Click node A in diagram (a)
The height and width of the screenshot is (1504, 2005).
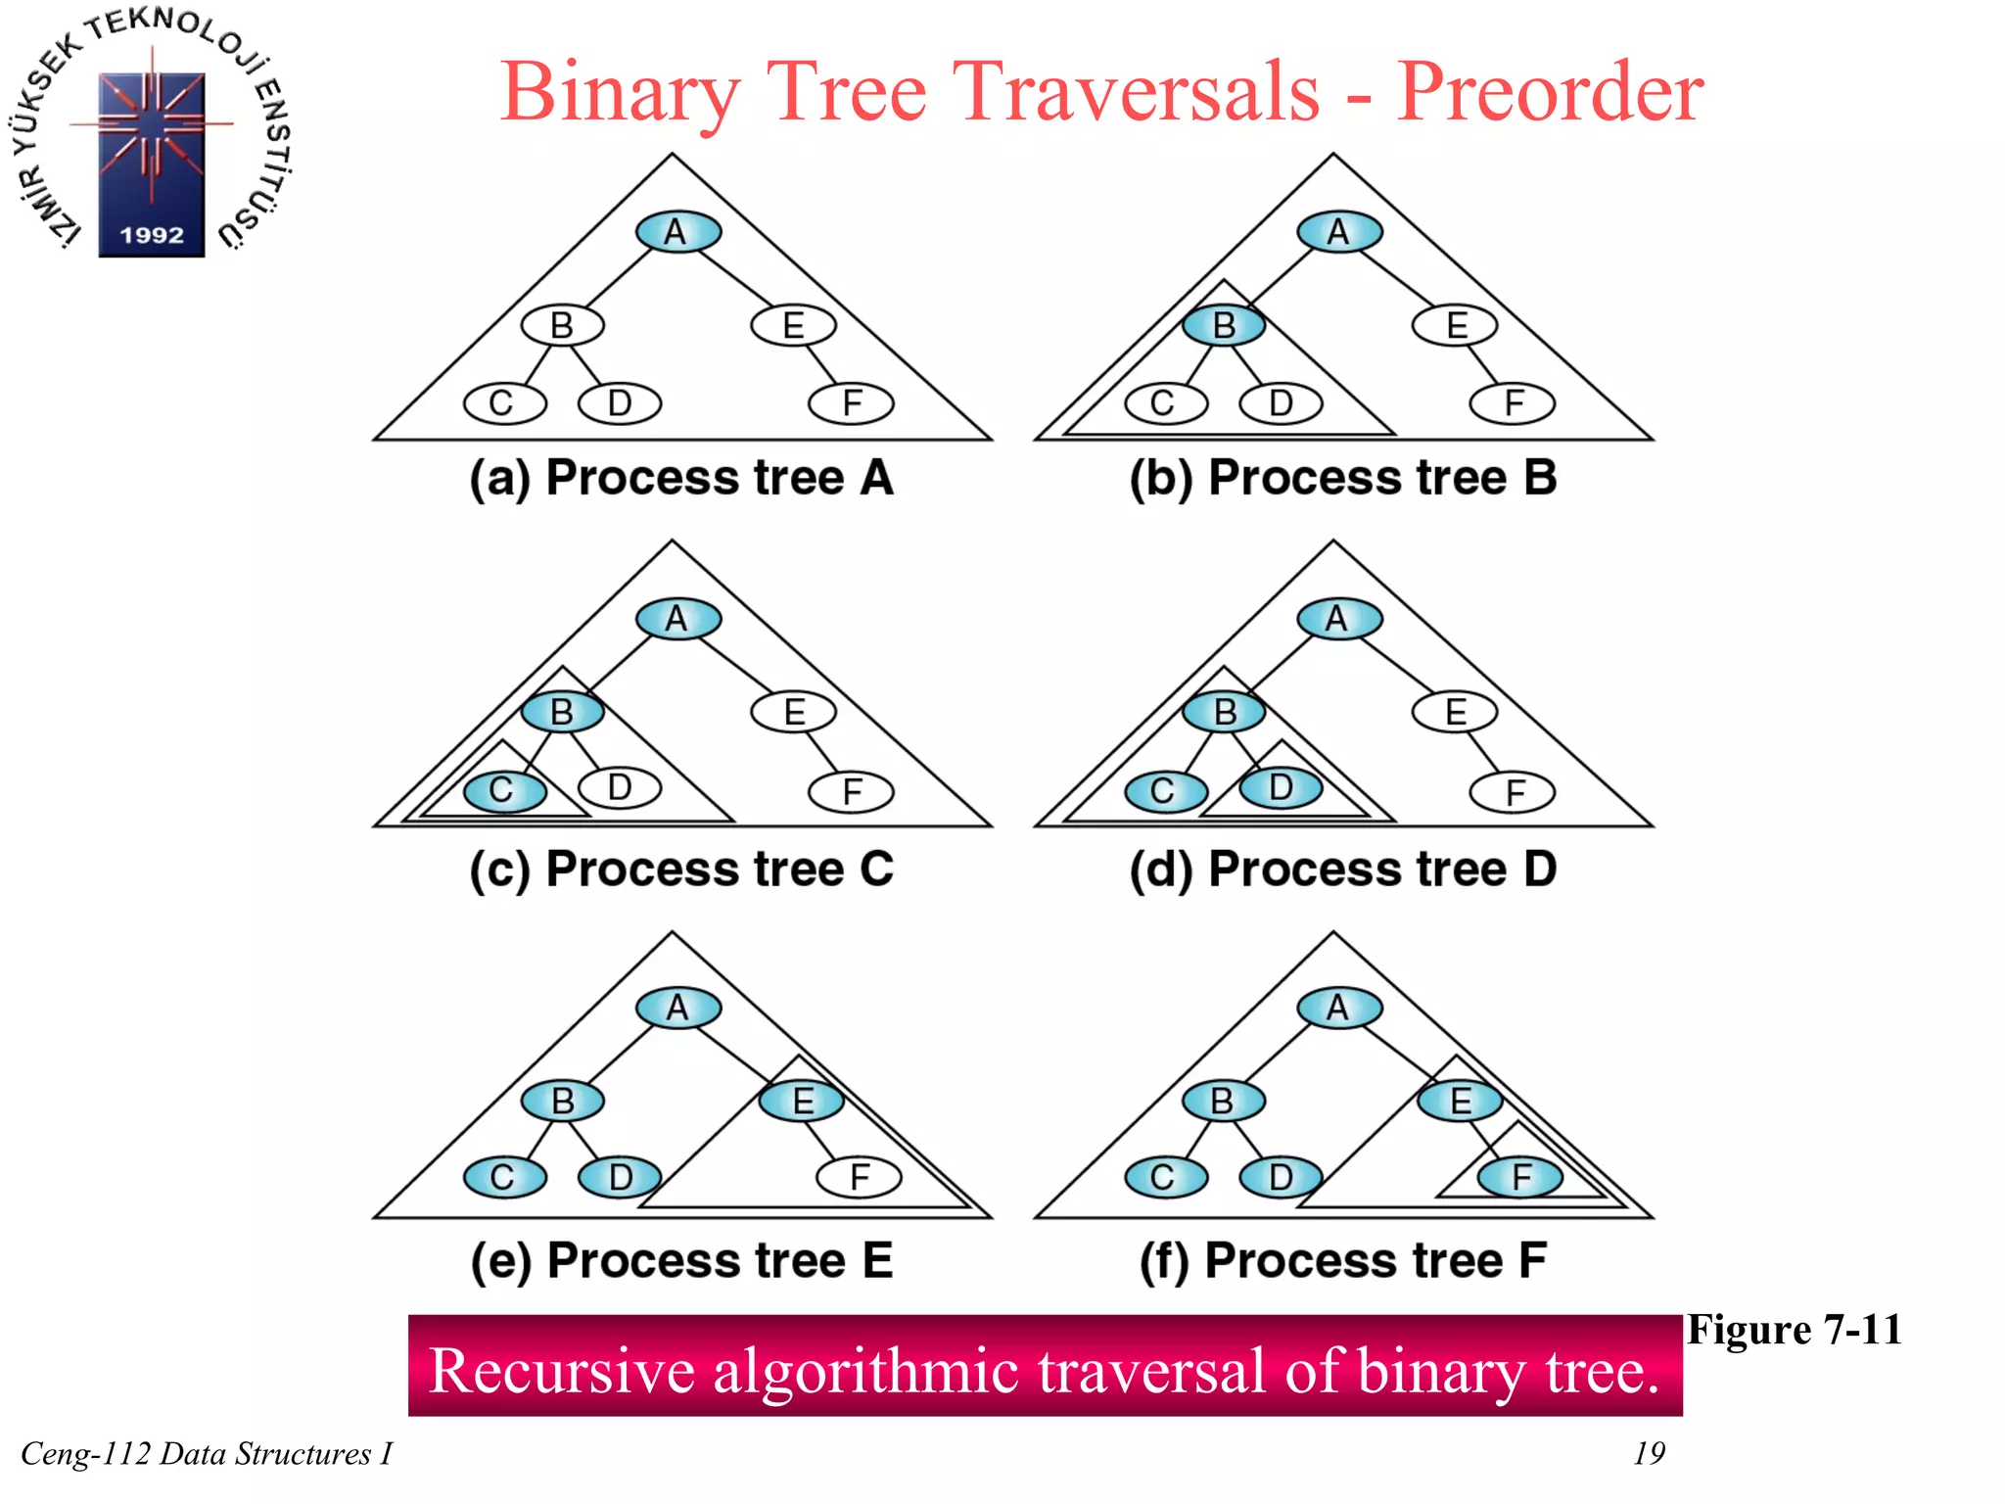click(x=677, y=232)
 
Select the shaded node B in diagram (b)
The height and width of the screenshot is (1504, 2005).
click(x=1223, y=325)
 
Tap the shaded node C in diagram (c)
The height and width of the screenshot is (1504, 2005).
click(x=504, y=790)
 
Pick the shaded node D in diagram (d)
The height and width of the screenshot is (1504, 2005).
click(x=1281, y=787)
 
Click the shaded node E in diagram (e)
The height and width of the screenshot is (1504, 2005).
click(x=802, y=1101)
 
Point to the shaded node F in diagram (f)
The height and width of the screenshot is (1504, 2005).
click(x=1519, y=1177)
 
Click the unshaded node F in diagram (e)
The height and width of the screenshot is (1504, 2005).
click(x=860, y=1177)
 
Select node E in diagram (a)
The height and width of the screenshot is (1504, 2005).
click(x=793, y=325)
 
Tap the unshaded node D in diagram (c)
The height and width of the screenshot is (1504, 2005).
click(x=619, y=787)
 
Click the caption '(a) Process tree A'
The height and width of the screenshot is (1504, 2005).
click(x=681, y=479)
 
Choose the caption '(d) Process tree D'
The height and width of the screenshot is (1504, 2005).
click(x=1342, y=869)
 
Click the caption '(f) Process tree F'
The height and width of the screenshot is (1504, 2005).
click(x=1342, y=1260)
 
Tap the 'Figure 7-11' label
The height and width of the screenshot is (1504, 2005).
click(x=1794, y=1331)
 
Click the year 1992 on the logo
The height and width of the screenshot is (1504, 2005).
click(x=152, y=235)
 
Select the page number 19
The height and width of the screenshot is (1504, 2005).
click(x=1649, y=1453)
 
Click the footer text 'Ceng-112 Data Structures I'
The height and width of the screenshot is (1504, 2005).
click(x=206, y=1454)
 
